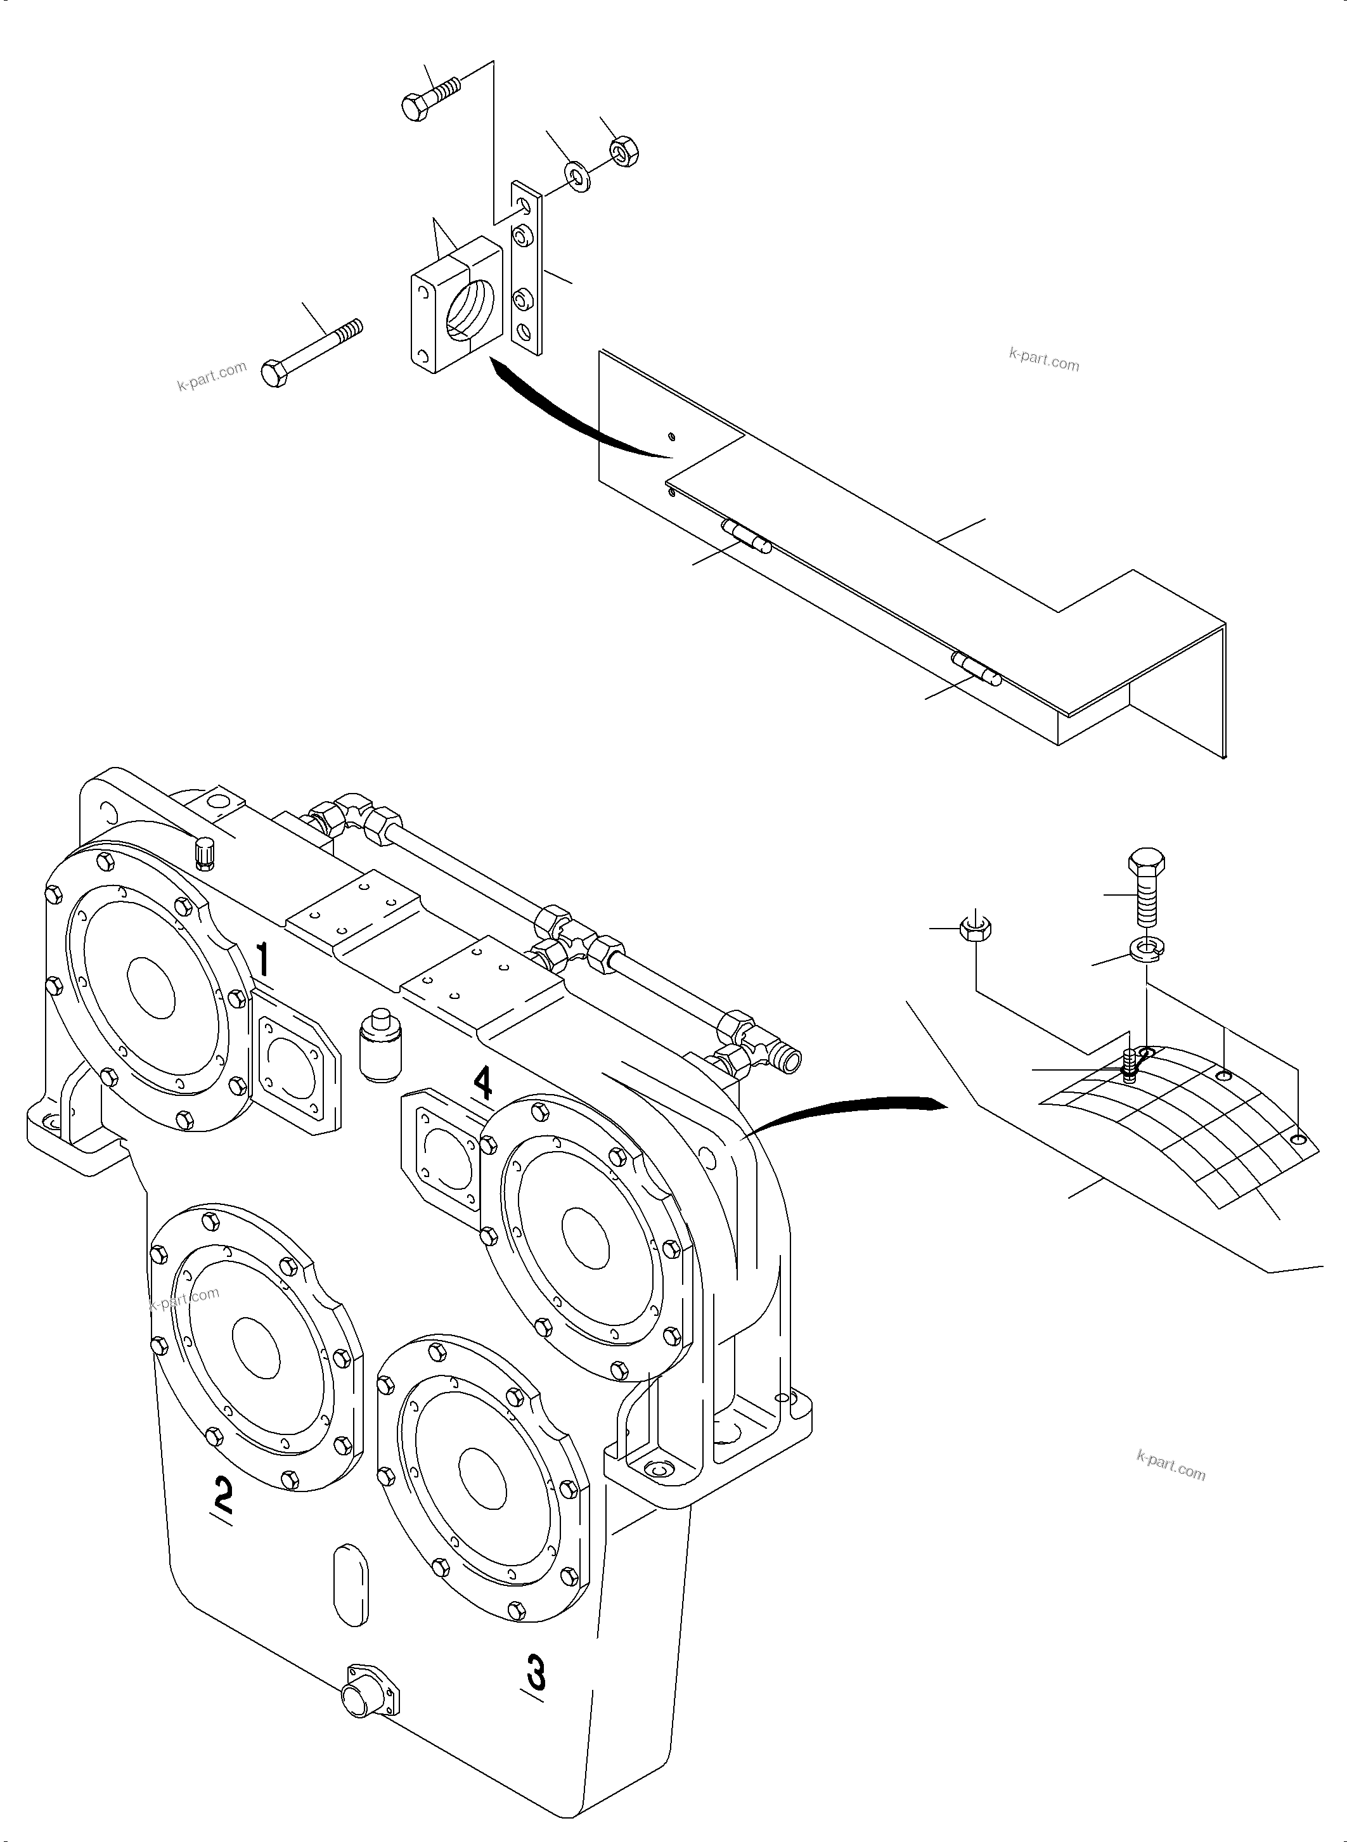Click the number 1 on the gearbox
click(x=262, y=960)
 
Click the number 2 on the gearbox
click(x=222, y=1495)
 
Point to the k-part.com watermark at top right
click(x=1043, y=359)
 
